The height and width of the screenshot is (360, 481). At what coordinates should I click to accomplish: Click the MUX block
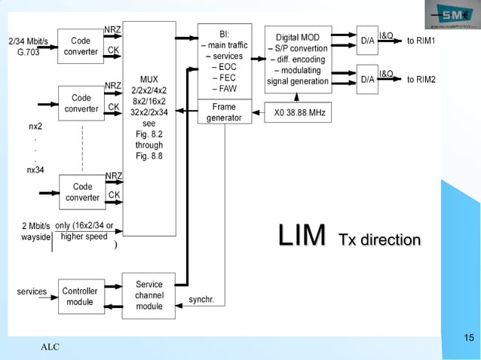pyautogui.click(x=149, y=128)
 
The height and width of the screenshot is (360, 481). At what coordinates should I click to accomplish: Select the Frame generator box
pyautogui.click(x=224, y=112)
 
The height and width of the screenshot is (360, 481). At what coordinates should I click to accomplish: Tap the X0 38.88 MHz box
pyautogui.click(x=299, y=111)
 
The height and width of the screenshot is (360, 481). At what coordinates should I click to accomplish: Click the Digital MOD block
pyautogui.click(x=297, y=59)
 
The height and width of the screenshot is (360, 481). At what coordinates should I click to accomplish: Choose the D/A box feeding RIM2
pyautogui.click(x=367, y=79)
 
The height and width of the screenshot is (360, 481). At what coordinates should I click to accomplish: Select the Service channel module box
pyautogui.click(x=149, y=295)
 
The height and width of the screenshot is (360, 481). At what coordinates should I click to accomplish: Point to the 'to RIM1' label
pyautogui.click(x=421, y=40)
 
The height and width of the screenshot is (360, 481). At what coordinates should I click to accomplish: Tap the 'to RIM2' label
pyautogui.click(x=421, y=79)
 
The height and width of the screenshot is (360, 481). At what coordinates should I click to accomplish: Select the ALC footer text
pyautogui.click(x=50, y=346)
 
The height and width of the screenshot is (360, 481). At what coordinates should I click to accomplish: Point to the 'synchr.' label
pyautogui.click(x=201, y=299)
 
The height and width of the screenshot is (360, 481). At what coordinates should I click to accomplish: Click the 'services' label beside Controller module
pyautogui.click(x=32, y=291)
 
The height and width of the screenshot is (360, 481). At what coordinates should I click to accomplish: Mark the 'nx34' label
pyautogui.click(x=35, y=169)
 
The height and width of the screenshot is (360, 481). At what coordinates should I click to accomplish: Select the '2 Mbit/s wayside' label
pyautogui.click(x=35, y=231)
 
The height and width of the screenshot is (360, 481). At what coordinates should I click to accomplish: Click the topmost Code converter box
pyautogui.click(x=81, y=46)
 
